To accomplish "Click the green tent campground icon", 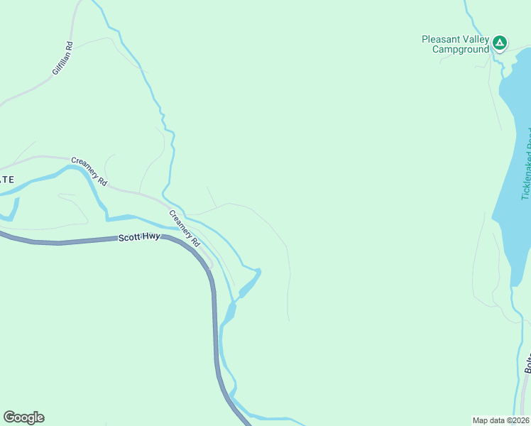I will pos(500,43).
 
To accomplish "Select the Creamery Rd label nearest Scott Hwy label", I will pos(185,228).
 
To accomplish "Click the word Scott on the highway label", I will pos(129,240).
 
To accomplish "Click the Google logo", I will pos(23,417).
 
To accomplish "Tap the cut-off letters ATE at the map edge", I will pos(6,180).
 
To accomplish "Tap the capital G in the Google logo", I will pos(9,417).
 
